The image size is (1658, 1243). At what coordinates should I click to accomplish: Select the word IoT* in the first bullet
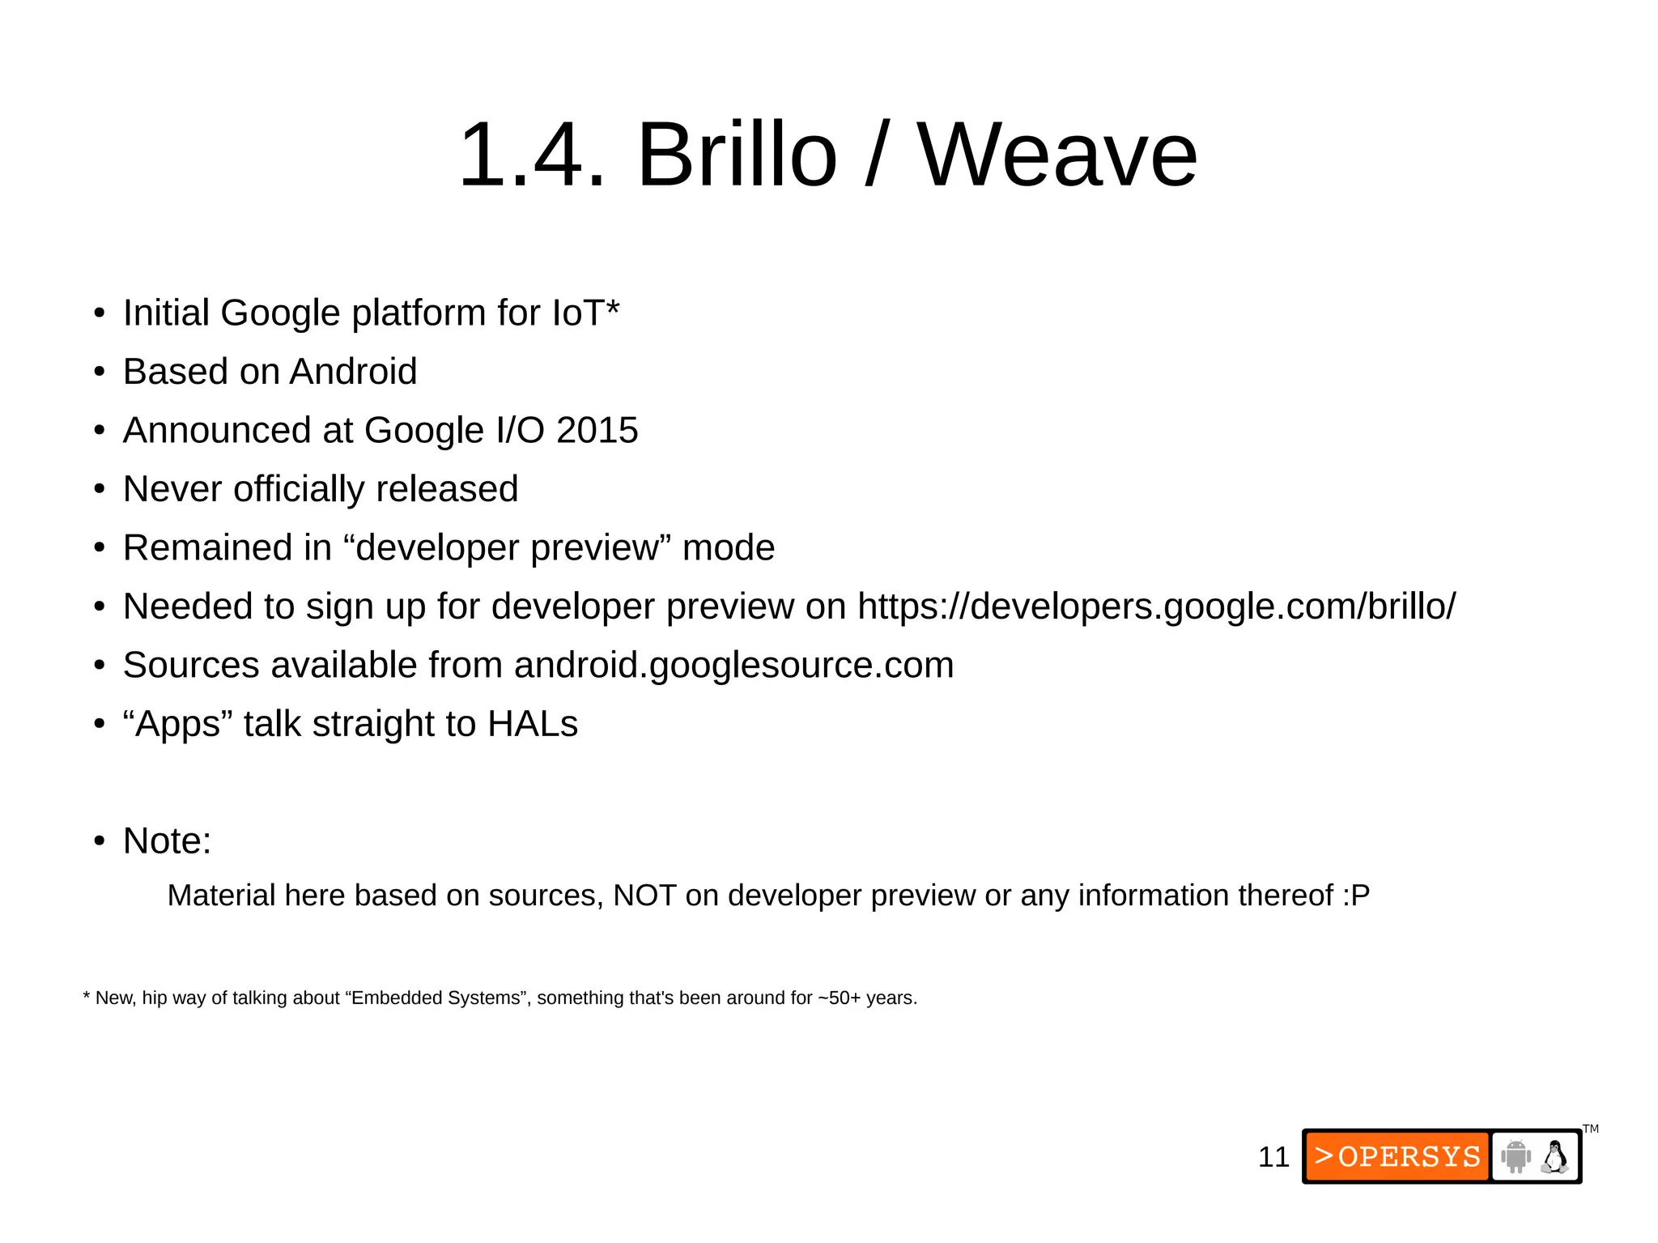[x=585, y=313]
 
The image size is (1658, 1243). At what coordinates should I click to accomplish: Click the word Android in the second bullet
[x=353, y=372]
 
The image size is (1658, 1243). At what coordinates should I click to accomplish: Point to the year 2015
[x=597, y=430]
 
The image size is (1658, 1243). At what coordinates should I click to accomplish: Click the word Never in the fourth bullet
[x=172, y=489]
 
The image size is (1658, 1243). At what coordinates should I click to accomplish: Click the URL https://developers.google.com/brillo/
[x=1156, y=607]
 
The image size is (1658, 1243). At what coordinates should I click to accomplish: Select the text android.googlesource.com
[x=733, y=665]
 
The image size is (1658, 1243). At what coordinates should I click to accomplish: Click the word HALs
[x=533, y=724]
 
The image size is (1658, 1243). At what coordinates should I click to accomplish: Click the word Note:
[x=167, y=841]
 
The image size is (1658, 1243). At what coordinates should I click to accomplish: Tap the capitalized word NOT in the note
[x=644, y=896]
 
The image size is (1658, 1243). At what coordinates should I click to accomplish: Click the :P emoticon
[x=1356, y=896]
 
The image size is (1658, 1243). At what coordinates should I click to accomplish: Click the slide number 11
[x=1273, y=1157]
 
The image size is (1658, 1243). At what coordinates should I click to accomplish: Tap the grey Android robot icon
[x=1516, y=1156]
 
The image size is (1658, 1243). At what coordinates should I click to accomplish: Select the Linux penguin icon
[x=1554, y=1156]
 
